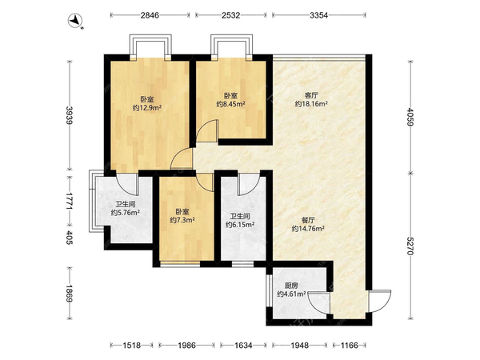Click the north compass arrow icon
point(76,21)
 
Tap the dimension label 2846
point(150,15)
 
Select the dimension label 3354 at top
point(318,15)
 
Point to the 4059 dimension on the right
point(410,116)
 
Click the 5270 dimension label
point(410,246)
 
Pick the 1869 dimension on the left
point(70,294)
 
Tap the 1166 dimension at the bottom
point(350,346)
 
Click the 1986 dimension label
point(186,346)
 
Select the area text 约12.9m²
point(147,107)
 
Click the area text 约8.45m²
point(231,104)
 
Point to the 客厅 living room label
point(311,95)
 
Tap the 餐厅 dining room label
point(308,220)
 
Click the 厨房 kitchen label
point(291,286)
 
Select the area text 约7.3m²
point(182,220)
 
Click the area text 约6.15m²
point(240,225)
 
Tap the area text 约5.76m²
point(126,213)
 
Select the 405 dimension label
point(70,238)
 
